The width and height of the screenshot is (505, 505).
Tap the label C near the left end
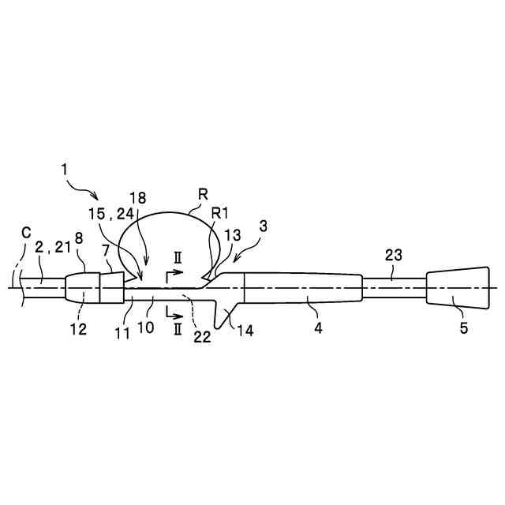click(x=27, y=234)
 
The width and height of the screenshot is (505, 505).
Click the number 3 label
click(x=264, y=226)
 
